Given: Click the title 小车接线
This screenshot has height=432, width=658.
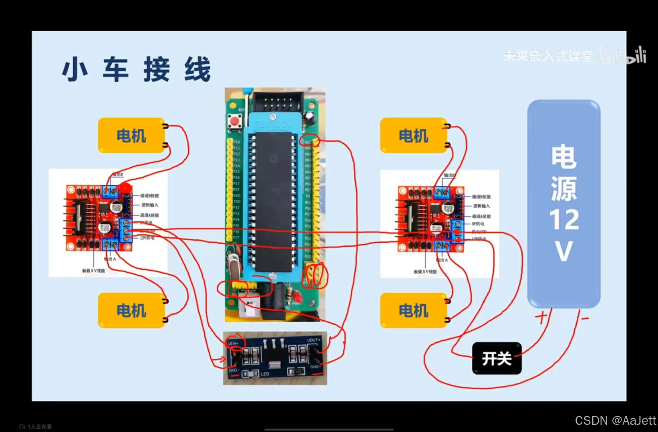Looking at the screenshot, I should click(x=136, y=69).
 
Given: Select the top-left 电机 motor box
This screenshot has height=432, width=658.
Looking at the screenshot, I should click(x=131, y=135).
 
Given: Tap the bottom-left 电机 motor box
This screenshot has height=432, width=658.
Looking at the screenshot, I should click(x=131, y=310).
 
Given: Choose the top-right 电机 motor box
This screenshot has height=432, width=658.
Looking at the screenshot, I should click(x=413, y=135).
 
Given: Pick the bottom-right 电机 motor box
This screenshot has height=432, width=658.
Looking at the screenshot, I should click(x=413, y=310).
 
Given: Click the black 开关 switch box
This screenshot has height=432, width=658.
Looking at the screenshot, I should click(x=497, y=358).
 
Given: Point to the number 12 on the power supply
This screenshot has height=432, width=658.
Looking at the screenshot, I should click(x=564, y=219).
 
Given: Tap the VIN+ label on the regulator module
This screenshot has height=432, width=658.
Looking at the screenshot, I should click(x=233, y=343).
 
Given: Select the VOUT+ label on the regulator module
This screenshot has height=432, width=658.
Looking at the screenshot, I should click(x=314, y=340).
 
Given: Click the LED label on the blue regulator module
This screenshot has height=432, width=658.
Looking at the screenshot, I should click(x=265, y=374).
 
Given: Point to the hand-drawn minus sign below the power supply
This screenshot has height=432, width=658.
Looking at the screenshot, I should click(x=585, y=319).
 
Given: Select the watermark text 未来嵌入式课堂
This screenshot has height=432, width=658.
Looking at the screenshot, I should click(x=548, y=56).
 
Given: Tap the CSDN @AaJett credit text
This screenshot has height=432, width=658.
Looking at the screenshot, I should click(x=616, y=420).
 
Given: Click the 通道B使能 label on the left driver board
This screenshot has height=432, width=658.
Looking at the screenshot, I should click(x=149, y=196).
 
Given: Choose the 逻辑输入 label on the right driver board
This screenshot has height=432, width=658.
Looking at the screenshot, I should click(x=481, y=206).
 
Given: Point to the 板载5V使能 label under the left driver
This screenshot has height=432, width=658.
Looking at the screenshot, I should click(x=94, y=271).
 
